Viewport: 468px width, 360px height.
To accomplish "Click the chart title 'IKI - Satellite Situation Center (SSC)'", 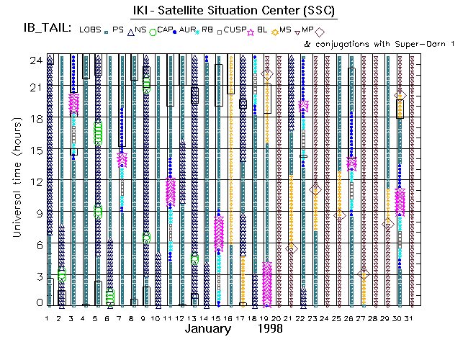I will coord(233,11).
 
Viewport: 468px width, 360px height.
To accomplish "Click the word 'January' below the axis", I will coord(208,328).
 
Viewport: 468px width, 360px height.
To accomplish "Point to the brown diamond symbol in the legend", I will coord(320,32).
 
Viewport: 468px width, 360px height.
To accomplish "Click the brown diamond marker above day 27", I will coord(364,275).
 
